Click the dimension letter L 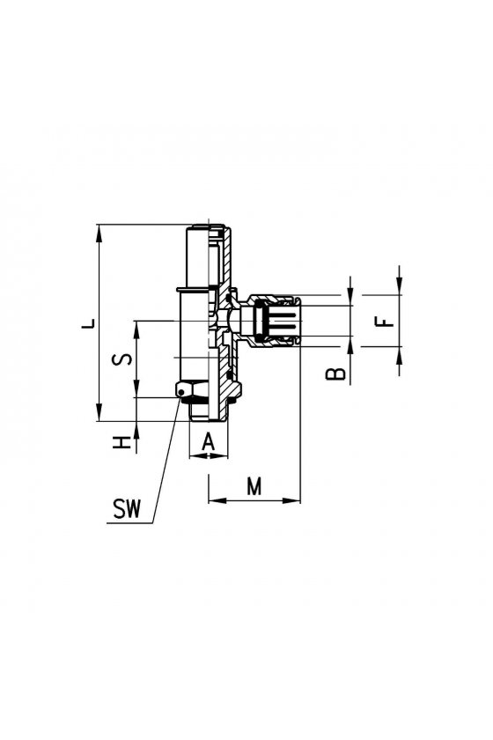[x=89, y=324]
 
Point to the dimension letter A [x=208, y=442]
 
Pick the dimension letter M [x=254, y=486]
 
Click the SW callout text [x=127, y=509]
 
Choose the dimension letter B [x=336, y=374]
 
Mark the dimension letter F [x=385, y=322]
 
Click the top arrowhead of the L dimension [x=99, y=233]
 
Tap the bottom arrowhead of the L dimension [x=99, y=412]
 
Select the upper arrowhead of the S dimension [x=136, y=329]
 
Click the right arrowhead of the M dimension [x=291, y=499]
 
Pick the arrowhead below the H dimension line [x=136, y=430]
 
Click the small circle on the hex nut [x=180, y=392]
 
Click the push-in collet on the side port [x=276, y=321]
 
